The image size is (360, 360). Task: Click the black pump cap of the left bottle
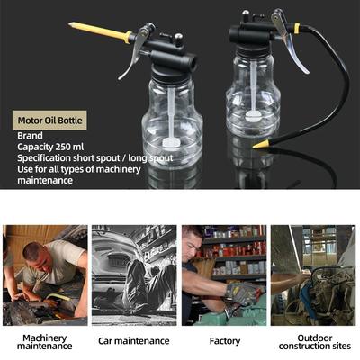(170, 58)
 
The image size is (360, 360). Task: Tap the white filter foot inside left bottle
(170, 142)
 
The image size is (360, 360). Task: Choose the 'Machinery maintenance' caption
(44, 342)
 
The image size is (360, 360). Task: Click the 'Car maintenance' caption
(134, 341)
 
